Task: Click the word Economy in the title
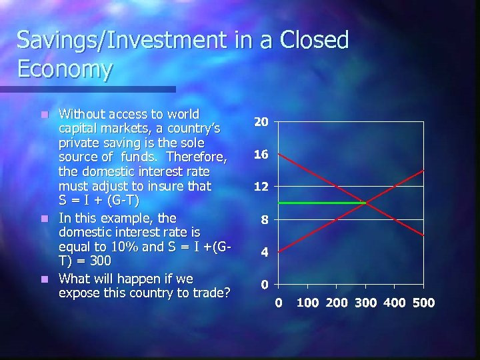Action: point(65,69)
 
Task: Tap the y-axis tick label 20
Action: point(261,122)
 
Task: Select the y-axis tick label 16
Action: point(261,154)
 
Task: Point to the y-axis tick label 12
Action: point(261,187)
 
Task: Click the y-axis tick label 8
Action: point(264,219)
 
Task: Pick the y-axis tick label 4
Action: point(264,253)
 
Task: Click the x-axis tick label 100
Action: point(307,303)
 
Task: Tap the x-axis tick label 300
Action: point(365,303)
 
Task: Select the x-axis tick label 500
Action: point(423,303)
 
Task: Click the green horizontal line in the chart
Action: point(320,203)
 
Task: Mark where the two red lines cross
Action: point(365,203)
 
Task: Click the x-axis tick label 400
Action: point(394,303)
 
